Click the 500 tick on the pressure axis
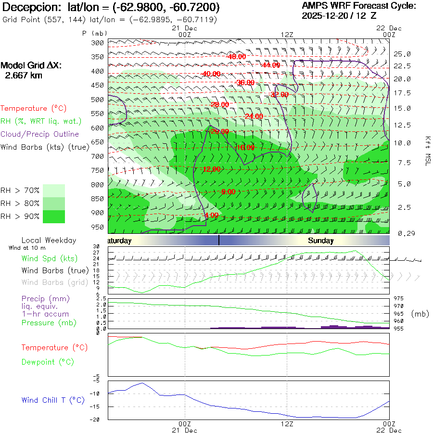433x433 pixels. (x=98, y=100)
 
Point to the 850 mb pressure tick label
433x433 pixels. (x=98, y=199)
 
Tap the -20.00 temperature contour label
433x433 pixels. (x=219, y=131)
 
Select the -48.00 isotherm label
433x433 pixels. (x=236, y=57)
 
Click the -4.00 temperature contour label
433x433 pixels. (x=211, y=215)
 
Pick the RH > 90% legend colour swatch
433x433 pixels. (x=54, y=216)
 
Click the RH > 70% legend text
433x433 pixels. (x=20, y=191)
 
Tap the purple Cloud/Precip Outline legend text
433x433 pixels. (x=40, y=134)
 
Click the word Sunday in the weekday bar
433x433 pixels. (x=320, y=241)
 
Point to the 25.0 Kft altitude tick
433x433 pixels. (x=402, y=54)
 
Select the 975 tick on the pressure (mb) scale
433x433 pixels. (x=398, y=298)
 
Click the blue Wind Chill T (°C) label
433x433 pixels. (x=53, y=400)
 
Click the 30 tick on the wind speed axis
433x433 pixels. (x=102, y=247)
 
